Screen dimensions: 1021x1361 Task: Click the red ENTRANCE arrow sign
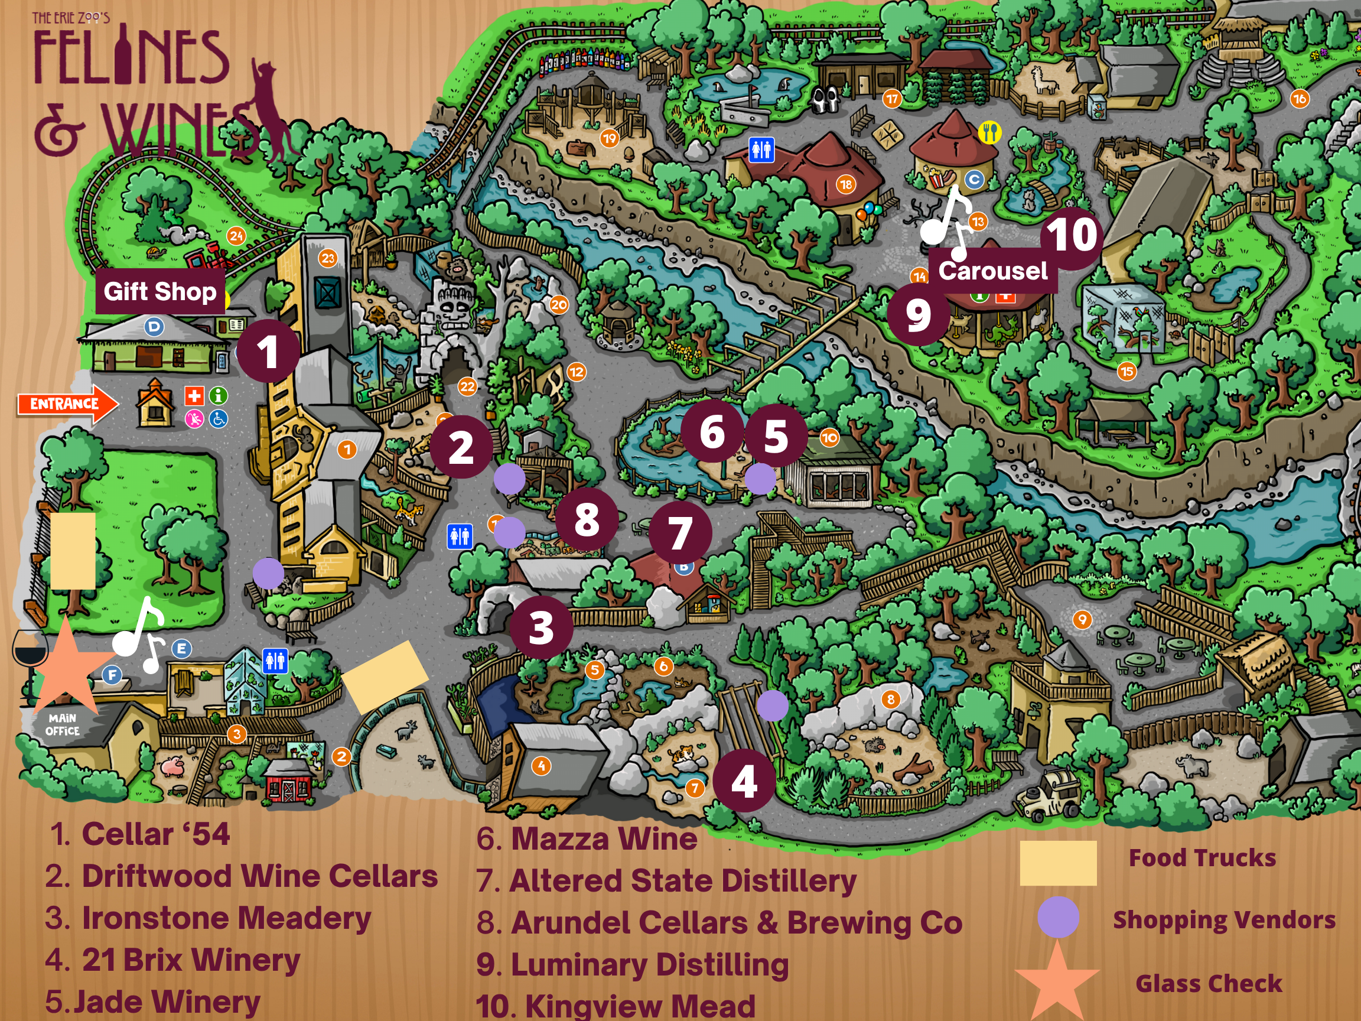coord(66,404)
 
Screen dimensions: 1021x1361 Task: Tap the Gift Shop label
coord(160,291)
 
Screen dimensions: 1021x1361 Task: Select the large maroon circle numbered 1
coord(268,352)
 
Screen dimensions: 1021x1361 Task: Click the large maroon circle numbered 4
coord(744,782)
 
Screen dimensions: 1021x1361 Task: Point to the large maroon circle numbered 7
coord(680,532)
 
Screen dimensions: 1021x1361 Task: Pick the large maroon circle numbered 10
coord(1072,235)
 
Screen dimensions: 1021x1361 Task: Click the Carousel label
coord(992,271)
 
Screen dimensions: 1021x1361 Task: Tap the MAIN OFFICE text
coord(62,724)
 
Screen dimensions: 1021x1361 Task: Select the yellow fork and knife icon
coord(989,132)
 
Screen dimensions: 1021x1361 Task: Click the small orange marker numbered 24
coord(236,236)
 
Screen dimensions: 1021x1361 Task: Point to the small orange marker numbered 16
coord(1299,99)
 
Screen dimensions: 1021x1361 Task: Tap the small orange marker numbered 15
coord(1126,371)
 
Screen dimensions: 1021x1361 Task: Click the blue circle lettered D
coord(154,327)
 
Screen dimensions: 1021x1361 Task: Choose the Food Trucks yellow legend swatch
coord(1057,863)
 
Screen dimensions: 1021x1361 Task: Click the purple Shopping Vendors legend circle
coord(1057,917)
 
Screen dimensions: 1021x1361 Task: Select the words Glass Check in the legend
coord(1209,983)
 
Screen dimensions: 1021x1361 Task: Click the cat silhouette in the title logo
coord(271,110)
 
